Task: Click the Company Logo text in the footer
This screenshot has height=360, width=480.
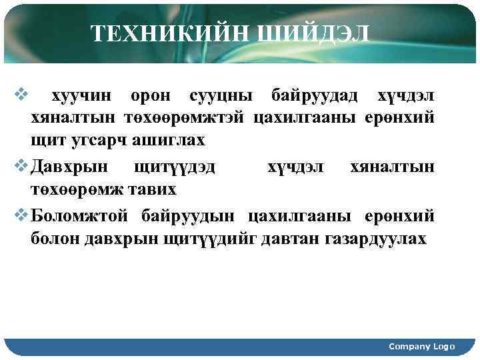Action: [421, 346]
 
